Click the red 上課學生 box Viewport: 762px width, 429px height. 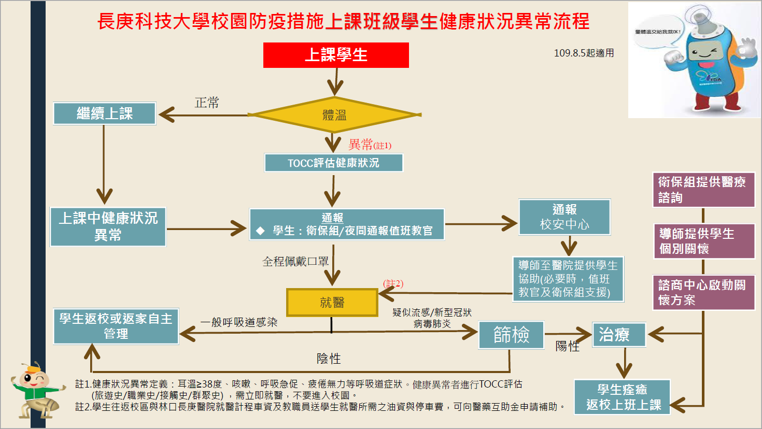coord(336,55)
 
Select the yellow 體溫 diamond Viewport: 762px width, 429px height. coord(334,115)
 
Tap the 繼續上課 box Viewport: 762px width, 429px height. coord(104,113)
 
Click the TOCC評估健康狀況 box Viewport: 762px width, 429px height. coord(333,163)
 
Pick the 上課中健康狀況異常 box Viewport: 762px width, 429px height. coord(108,226)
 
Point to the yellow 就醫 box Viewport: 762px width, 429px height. coord(332,302)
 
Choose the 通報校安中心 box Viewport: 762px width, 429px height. coord(565,217)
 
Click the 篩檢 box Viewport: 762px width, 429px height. coord(511,334)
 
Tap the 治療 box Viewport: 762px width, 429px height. coord(618,334)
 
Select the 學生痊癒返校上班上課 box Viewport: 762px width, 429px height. coord(622,397)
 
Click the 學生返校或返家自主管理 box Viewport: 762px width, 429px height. coord(116,326)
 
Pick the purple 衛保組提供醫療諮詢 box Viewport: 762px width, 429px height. coord(703,190)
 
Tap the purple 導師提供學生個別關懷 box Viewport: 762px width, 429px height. coord(703,241)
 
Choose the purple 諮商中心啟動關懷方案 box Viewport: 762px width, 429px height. coord(703,292)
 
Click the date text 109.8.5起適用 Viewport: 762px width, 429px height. coord(584,53)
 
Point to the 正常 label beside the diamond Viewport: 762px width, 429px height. coord(207,103)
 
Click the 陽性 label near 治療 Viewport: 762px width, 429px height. coord(567,347)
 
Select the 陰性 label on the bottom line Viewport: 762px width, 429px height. coord(329,359)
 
